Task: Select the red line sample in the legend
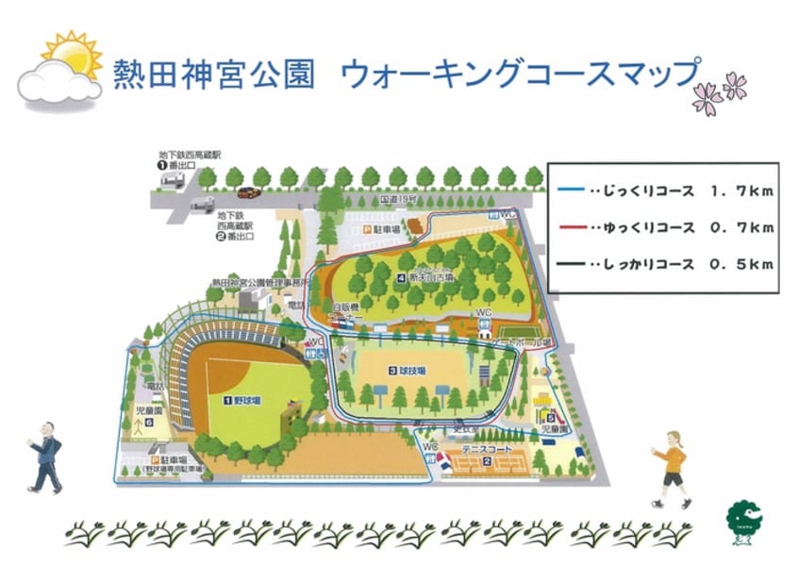pos(570,228)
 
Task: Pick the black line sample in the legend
pos(570,264)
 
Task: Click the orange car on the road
pos(249,192)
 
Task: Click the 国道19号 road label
pos(396,201)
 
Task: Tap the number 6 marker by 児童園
pos(149,423)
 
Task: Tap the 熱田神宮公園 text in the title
pos(212,74)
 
